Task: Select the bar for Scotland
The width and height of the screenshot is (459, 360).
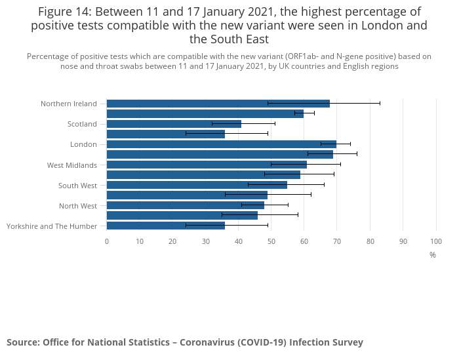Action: (174, 124)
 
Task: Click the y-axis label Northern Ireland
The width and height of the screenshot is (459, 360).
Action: (68, 104)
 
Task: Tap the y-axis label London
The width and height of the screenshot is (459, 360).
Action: (83, 144)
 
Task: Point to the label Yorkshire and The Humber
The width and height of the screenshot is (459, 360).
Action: (52, 226)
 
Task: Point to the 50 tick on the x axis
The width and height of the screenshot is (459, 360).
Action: (271, 241)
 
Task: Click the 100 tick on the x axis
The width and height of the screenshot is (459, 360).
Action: (436, 241)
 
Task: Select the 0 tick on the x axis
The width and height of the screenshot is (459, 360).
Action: (107, 241)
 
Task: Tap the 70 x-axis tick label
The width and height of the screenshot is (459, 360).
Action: (337, 241)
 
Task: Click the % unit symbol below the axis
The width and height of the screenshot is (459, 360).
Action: (433, 254)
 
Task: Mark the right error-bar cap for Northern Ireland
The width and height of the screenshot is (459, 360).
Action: (380, 104)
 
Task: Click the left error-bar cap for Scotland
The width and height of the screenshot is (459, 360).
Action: (212, 124)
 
